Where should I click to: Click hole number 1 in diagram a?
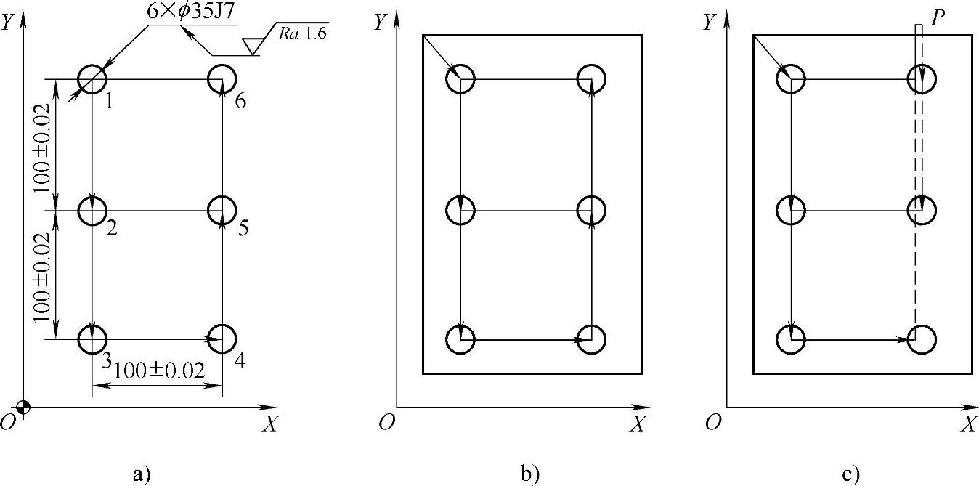click(x=92, y=78)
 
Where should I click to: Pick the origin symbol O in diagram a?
click(x=9, y=422)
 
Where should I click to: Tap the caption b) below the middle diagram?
click(x=529, y=474)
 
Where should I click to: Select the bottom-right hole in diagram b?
click(x=593, y=339)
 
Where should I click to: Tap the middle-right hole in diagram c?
click(x=921, y=211)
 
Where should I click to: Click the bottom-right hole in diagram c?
click(x=921, y=339)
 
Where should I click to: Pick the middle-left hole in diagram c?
click(x=790, y=211)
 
